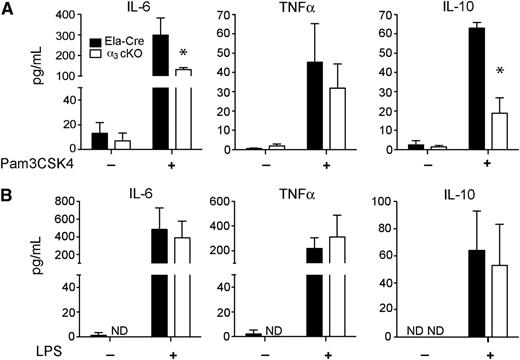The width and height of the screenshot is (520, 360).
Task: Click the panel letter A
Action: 8,9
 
